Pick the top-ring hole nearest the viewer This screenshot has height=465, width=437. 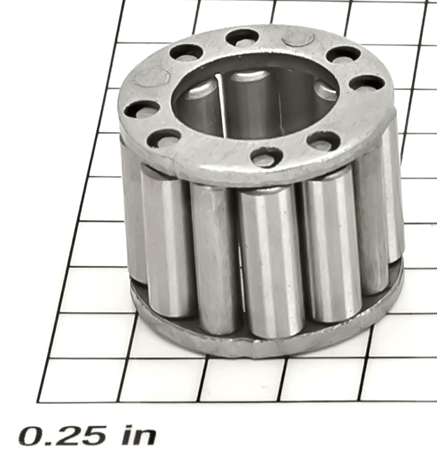pyautogui.click(x=266, y=156)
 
